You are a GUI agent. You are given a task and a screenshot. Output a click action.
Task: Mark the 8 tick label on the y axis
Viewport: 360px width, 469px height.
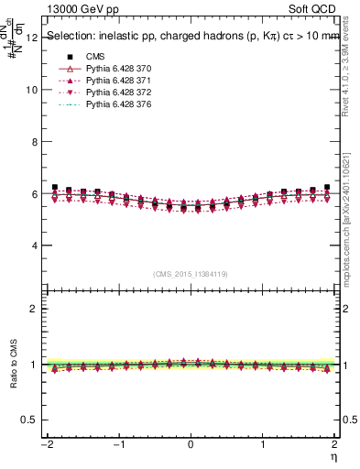tap(34, 142)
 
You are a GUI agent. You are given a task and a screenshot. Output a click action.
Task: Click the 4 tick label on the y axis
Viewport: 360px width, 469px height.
tap(34, 245)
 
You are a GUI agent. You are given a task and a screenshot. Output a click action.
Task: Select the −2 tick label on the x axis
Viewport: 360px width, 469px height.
tap(46, 444)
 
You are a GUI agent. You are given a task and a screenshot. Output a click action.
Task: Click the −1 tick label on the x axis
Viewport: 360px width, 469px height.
tap(117, 444)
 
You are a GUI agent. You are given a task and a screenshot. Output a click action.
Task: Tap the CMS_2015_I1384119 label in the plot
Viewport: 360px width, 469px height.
tap(190, 273)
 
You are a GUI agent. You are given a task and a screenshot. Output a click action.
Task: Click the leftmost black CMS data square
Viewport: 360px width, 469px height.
tap(55, 187)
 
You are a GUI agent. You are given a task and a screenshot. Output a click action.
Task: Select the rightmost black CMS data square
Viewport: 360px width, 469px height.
tap(327, 187)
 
